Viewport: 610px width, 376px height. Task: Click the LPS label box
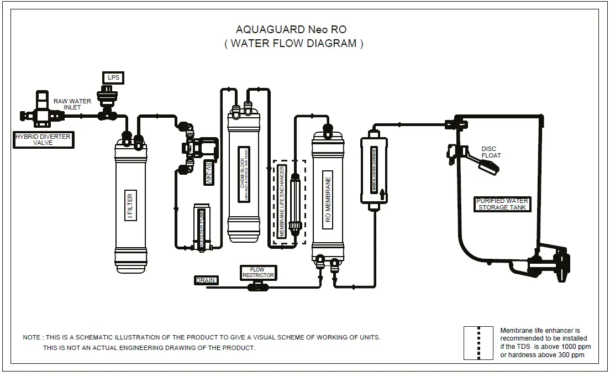click(113, 78)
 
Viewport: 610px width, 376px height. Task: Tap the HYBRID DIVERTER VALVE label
click(43, 139)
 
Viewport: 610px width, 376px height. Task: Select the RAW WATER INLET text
click(72, 104)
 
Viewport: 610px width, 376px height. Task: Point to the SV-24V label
click(208, 173)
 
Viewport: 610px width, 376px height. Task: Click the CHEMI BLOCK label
click(243, 173)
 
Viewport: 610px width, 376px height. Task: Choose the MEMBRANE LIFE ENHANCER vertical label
click(282, 201)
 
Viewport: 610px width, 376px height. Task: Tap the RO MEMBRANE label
click(328, 200)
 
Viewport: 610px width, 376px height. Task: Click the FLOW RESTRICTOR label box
click(257, 273)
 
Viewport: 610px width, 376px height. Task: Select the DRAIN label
click(206, 280)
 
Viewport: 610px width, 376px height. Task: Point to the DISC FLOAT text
click(491, 152)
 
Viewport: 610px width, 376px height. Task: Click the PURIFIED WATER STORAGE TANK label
click(502, 204)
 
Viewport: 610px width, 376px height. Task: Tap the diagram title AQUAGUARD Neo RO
click(291, 29)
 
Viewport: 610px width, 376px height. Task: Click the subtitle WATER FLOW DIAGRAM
click(293, 44)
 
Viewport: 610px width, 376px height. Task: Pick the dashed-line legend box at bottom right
click(477, 343)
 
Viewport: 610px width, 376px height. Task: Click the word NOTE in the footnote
click(31, 337)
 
